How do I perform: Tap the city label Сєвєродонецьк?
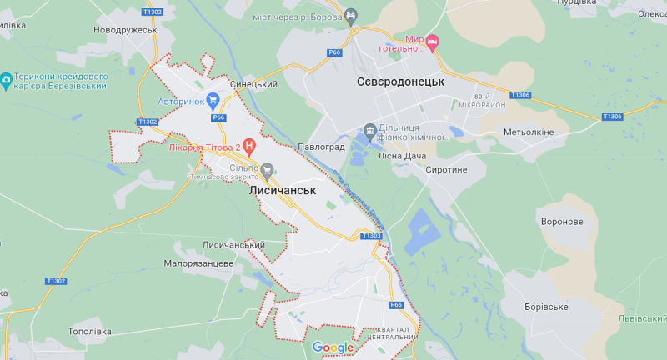coord(400,82)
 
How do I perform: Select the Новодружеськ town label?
coord(125,30)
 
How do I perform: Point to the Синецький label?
coord(253,84)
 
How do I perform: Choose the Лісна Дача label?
coord(402,156)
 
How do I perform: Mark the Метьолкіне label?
coord(529,132)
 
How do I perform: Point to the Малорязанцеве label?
coord(198,263)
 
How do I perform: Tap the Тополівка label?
coord(88,331)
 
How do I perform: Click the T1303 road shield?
coord(372,236)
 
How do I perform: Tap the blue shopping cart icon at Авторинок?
coord(213,102)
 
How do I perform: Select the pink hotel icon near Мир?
coord(433,42)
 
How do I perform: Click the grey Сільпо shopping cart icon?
coord(267,169)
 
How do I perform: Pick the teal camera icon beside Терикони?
coord(7,81)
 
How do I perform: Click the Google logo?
coord(333,347)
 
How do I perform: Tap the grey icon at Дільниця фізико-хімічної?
coord(369,132)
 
